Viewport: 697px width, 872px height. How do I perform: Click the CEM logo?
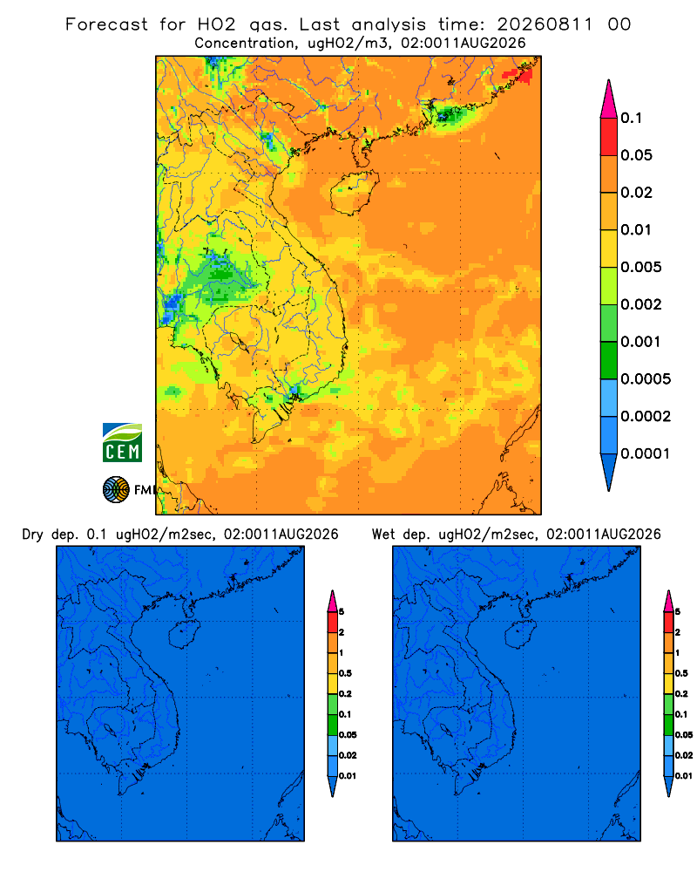[x=122, y=442]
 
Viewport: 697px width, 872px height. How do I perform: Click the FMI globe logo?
[x=116, y=490]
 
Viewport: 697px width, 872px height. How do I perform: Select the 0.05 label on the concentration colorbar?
[x=636, y=155]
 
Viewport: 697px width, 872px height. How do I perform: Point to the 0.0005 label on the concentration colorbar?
[x=646, y=379]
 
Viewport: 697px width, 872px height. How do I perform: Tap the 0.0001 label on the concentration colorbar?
[x=646, y=453]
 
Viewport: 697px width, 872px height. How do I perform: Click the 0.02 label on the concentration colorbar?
[x=636, y=193]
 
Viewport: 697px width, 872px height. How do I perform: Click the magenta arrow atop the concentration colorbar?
[x=609, y=99]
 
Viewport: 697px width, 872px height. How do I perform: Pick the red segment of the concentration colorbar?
[x=609, y=137]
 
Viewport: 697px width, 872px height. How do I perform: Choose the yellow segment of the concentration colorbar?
[x=609, y=249]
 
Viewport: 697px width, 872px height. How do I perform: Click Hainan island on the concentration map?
[x=355, y=193]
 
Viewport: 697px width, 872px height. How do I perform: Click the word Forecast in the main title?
[x=106, y=24]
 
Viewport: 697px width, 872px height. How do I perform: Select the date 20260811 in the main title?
[x=545, y=24]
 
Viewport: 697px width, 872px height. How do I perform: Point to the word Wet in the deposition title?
[x=382, y=535]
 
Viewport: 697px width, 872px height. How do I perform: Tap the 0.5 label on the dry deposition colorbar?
[x=345, y=673]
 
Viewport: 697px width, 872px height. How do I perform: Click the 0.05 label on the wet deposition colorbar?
[x=684, y=734]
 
